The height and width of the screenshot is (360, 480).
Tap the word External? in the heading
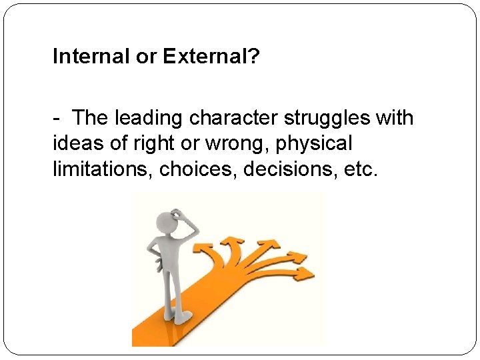[210, 57]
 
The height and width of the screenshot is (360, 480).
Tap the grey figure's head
[165, 222]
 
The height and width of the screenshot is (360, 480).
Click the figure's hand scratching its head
[178, 215]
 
